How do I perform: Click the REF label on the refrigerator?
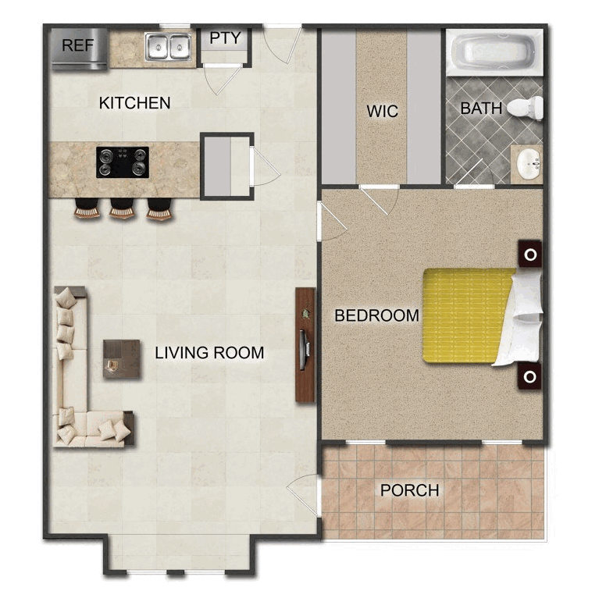(77, 45)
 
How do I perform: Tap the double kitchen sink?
(168, 47)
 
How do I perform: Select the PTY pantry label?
(226, 37)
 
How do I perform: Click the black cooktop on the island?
(123, 162)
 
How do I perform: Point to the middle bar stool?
(122, 208)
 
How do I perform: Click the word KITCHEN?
(134, 103)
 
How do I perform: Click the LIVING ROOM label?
(209, 353)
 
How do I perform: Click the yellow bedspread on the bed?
(469, 315)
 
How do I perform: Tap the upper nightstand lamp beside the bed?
(530, 255)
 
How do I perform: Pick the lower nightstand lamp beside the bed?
(530, 376)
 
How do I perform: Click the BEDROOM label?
(377, 315)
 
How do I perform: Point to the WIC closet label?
(382, 111)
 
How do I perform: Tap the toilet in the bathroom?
(526, 109)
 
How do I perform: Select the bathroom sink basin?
(529, 165)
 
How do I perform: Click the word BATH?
(481, 109)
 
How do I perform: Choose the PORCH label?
(410, 490)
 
